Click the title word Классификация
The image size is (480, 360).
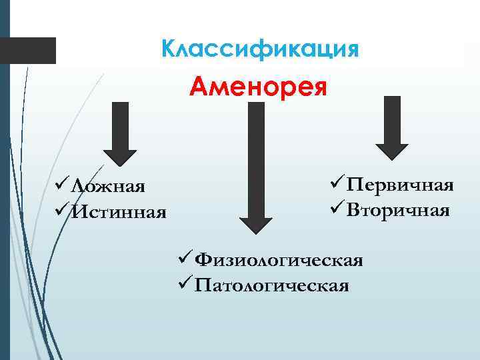(x=261, y=49)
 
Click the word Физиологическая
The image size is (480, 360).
(x=279, y=259)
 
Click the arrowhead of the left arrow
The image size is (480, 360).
(x=120, y=155)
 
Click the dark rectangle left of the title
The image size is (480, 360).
(x=29, y=51)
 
